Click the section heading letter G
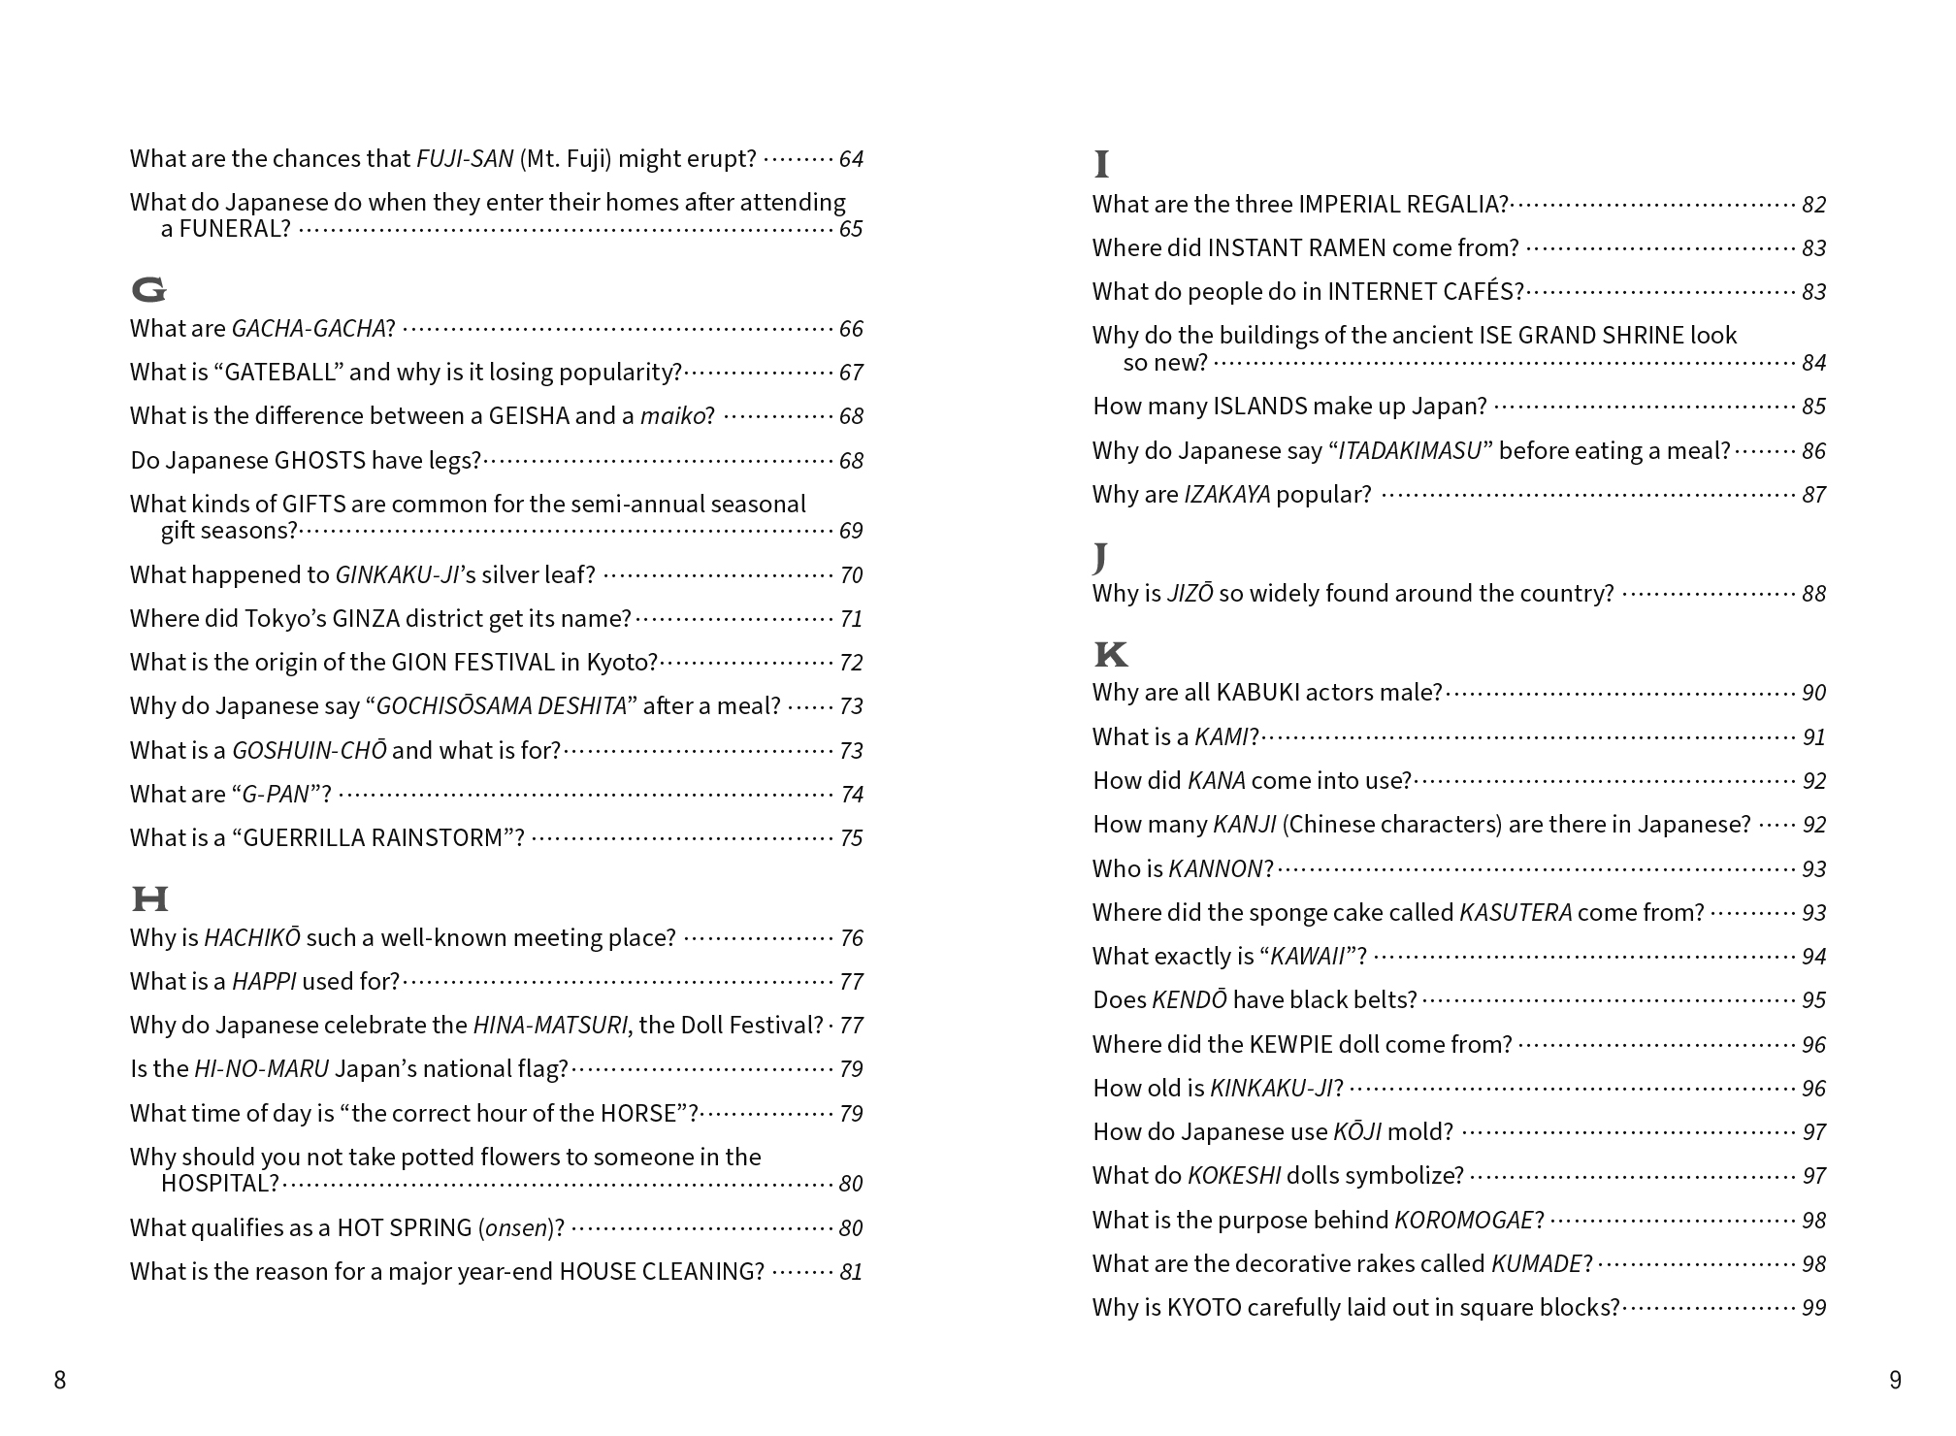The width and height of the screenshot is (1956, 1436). (148, 289)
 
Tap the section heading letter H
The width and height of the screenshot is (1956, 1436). (149, 898)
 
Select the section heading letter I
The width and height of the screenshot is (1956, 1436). (1101, 165)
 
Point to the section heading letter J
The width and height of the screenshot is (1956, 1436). (1099, 556)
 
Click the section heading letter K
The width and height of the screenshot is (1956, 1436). (1111, 655)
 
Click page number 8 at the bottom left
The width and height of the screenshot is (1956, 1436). (60, 1380)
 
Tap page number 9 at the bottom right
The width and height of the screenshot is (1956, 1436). (1895, 1380)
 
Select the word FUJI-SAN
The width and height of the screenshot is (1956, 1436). (465, 159)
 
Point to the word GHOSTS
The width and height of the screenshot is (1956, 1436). (318, 461)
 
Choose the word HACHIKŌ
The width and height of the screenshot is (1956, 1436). (252, 938)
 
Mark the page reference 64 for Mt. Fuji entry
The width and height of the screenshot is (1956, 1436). (851, 159)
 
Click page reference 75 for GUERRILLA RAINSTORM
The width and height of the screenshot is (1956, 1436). (851, 838)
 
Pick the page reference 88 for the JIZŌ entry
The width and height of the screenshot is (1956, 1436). (1813, 594)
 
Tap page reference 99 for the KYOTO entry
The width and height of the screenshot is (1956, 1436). (1813, 1308)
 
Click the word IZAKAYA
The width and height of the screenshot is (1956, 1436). (1226, 495)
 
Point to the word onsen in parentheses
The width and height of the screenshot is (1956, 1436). (516, 1228)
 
